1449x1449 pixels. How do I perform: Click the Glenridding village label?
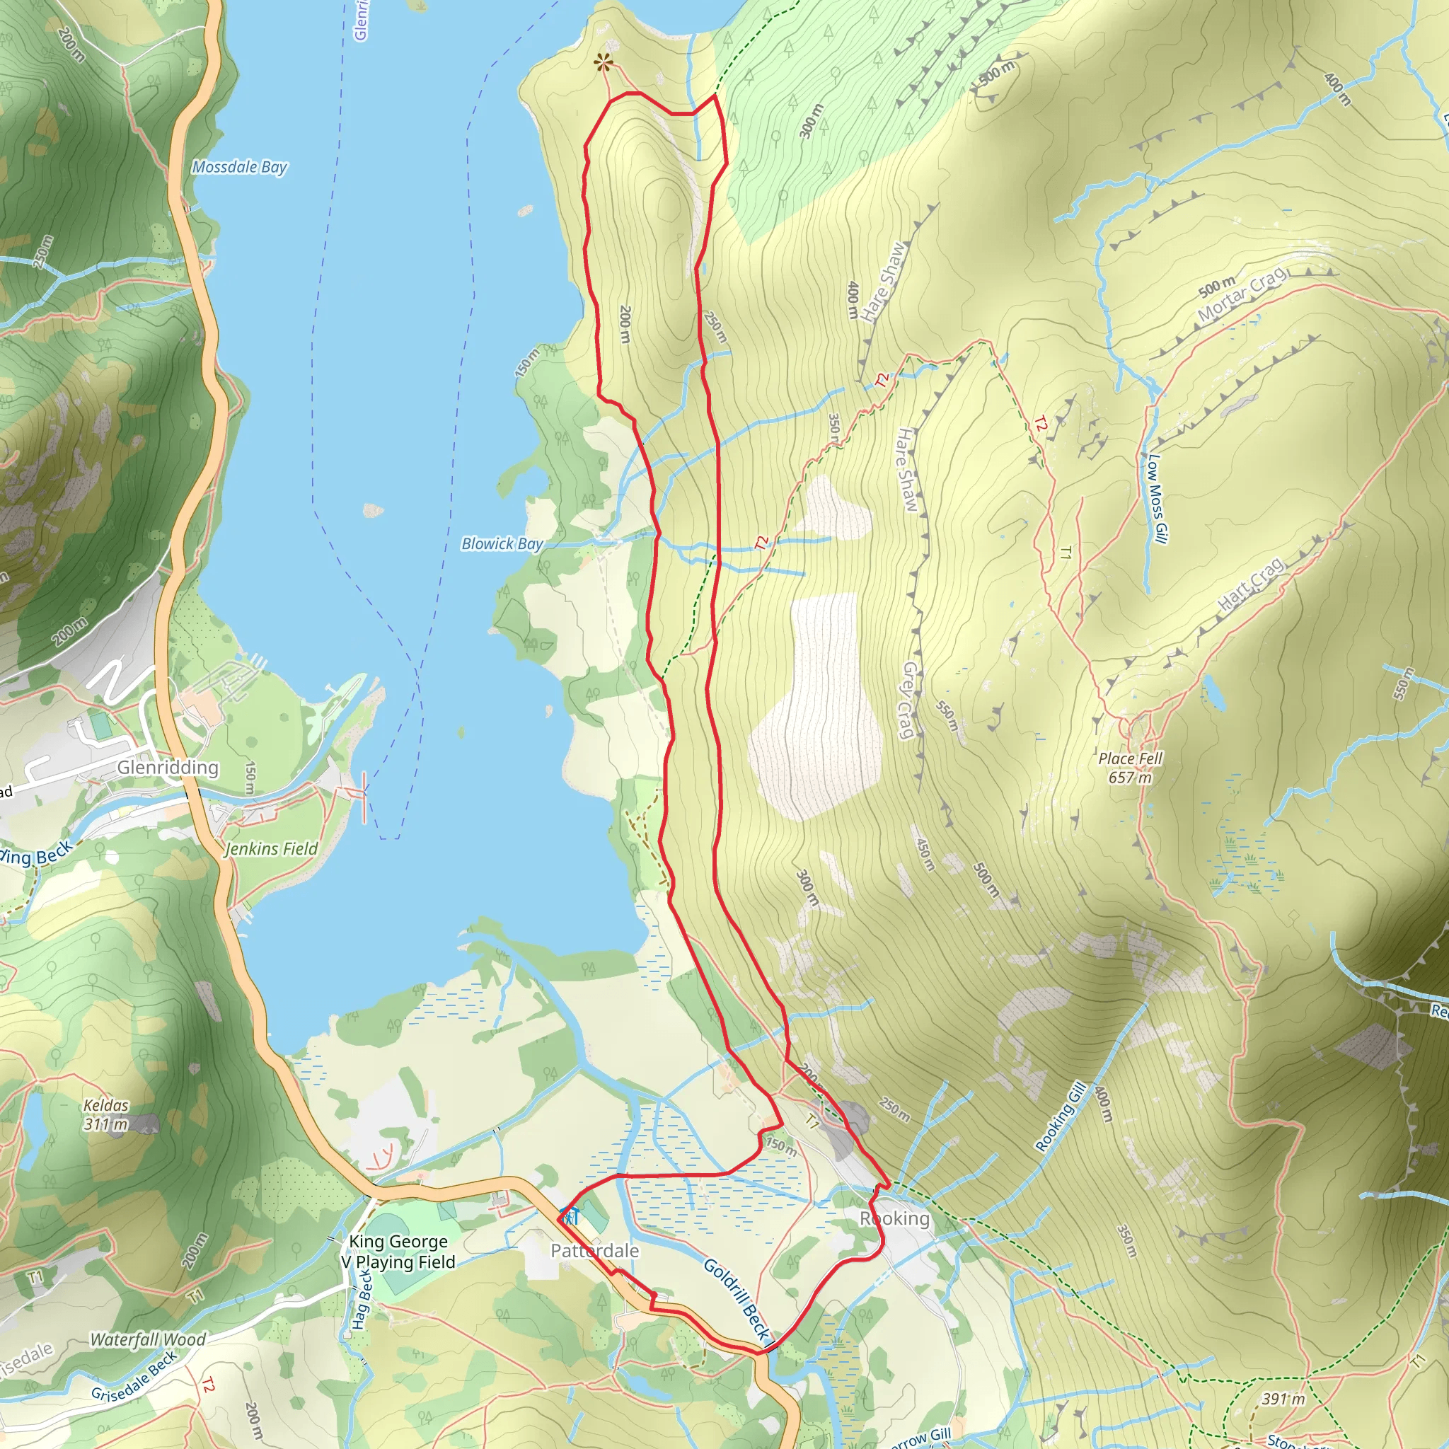point(168,767)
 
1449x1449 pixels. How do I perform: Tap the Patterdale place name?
point(595,1250)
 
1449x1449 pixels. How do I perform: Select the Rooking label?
point(895,1219)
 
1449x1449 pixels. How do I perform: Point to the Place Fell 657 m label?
point(1130,767)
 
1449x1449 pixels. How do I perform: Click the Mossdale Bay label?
point(239,166)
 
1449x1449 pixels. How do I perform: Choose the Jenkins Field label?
point(272,848)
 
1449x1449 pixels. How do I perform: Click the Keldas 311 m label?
point(105,1114)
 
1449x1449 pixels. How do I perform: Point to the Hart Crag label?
point(1250,584)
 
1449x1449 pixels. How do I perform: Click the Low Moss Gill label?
point(1156,498)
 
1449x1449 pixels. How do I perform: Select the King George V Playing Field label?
point(398,1252)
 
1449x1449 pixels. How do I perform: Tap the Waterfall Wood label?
point(148,1339)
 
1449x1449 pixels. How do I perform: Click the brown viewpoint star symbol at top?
point(603,64)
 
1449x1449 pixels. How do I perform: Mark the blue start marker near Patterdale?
point(570,1216)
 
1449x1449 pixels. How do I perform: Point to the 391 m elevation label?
point(1283,1398)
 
